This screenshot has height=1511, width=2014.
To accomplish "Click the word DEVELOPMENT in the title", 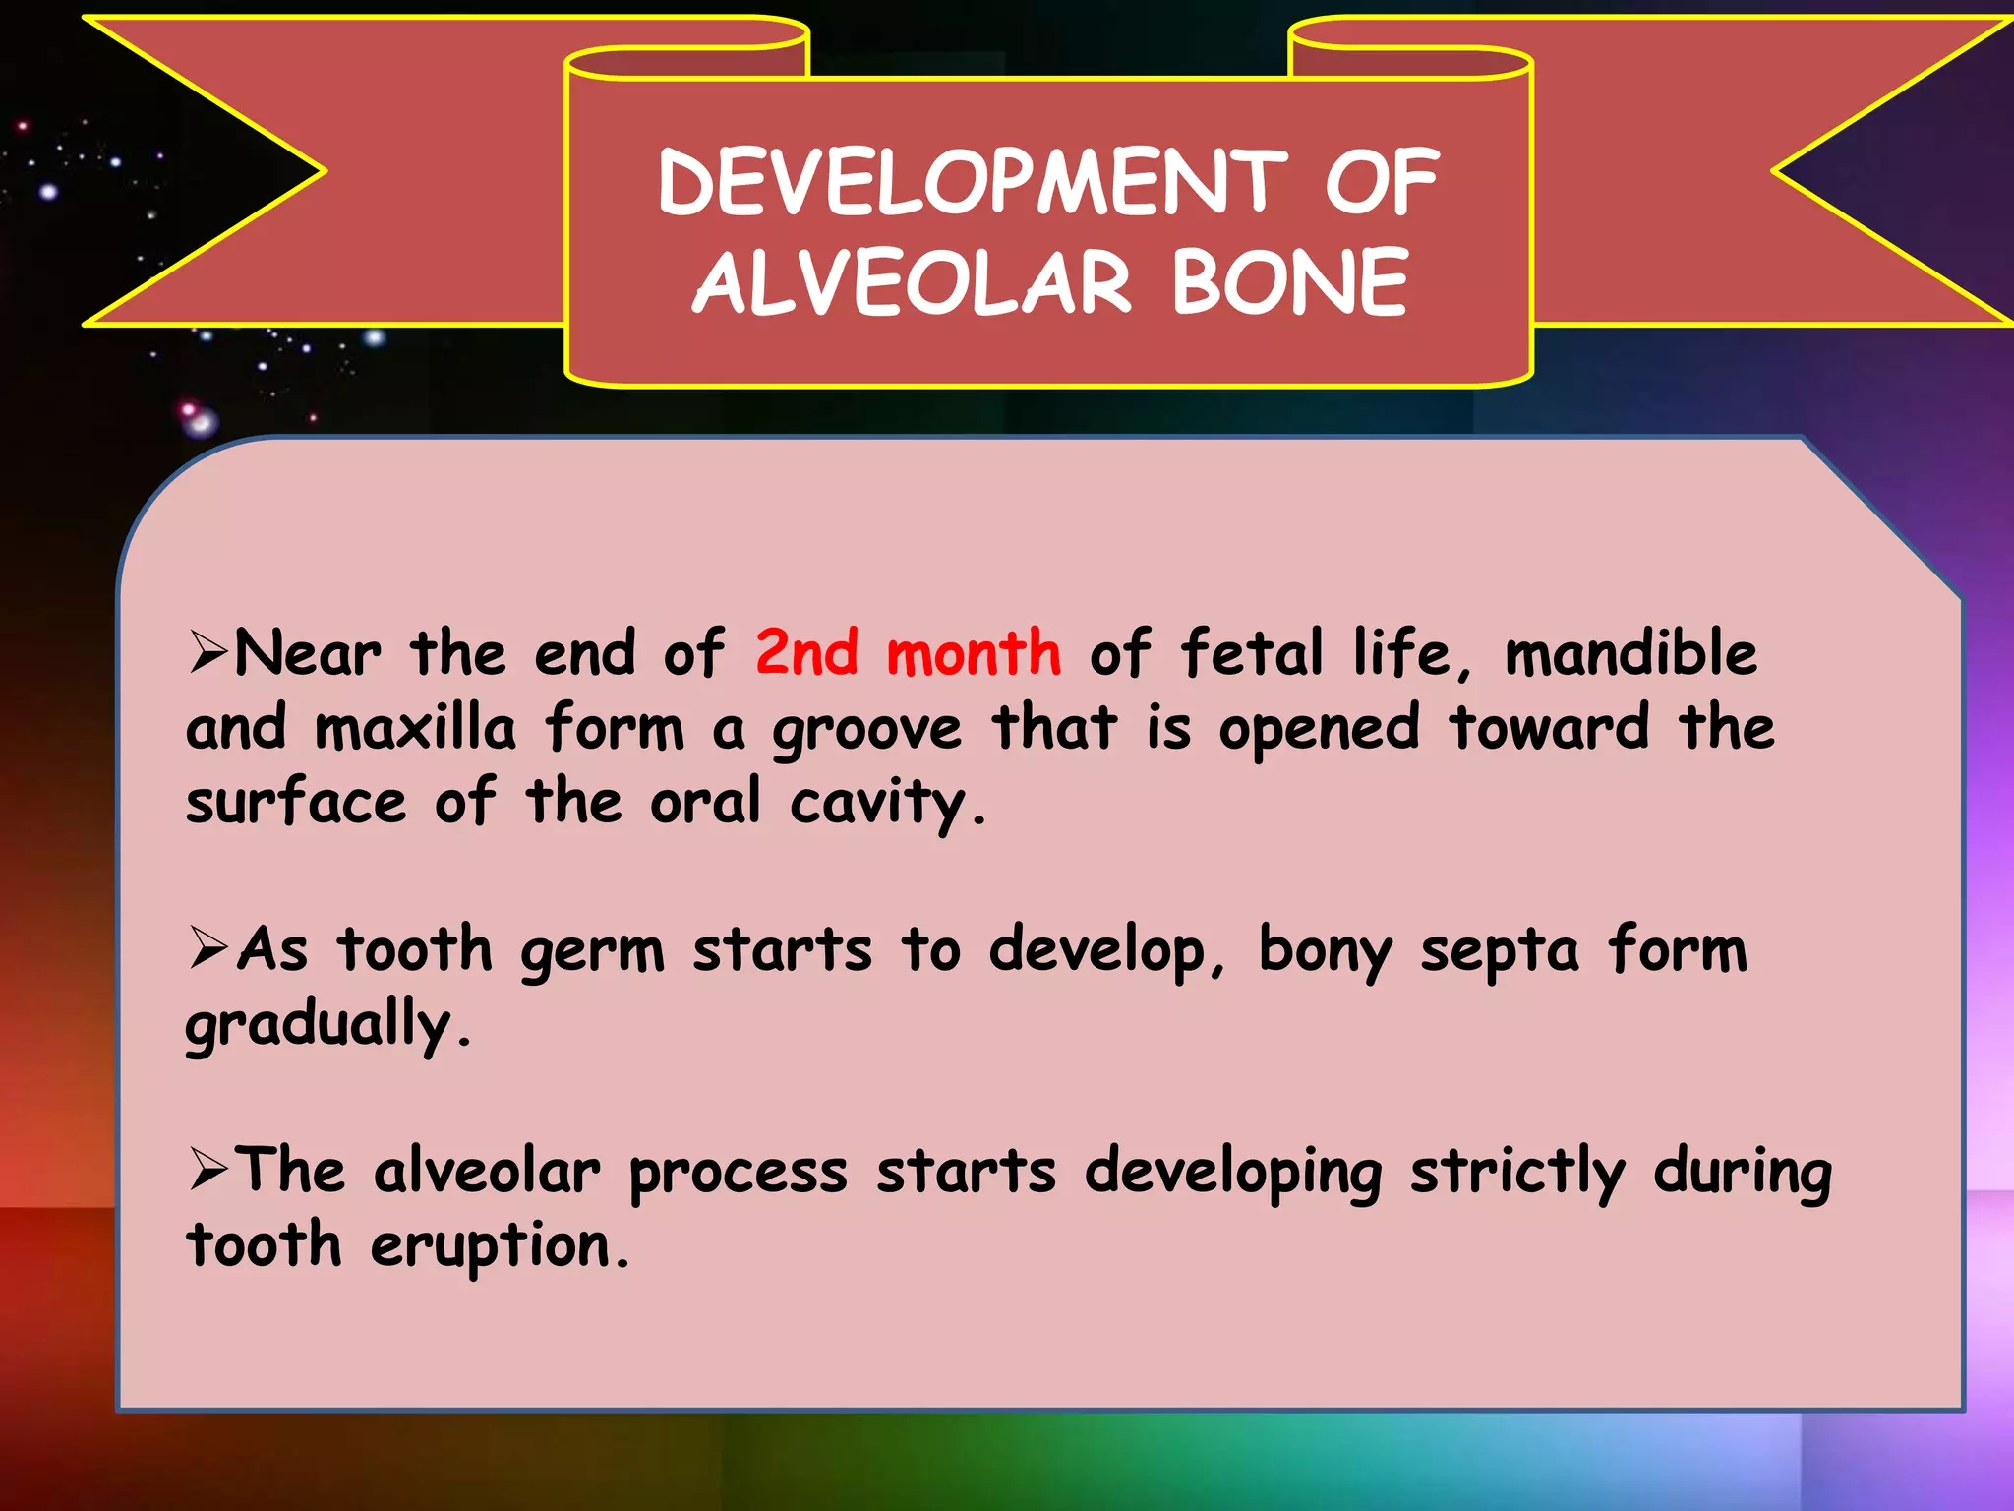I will click(972, 183).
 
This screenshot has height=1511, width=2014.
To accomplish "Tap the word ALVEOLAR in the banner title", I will click(912, 283).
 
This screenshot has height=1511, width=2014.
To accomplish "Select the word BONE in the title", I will click(1289, 283).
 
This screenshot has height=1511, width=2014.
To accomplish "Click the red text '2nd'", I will click(806, 653).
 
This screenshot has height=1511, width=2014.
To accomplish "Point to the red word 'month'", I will click(974, 653).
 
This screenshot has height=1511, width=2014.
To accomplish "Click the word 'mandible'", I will click(1630, 653).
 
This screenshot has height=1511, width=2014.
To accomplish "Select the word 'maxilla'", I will click(415, 729).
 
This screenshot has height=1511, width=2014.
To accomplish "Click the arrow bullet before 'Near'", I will click(208, 653).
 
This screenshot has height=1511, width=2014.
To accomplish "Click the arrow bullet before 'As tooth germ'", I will click(208, 949).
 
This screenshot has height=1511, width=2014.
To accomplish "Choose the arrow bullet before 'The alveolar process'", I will click(208, 1171).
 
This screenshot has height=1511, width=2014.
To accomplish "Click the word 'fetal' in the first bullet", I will click(1251, 653).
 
